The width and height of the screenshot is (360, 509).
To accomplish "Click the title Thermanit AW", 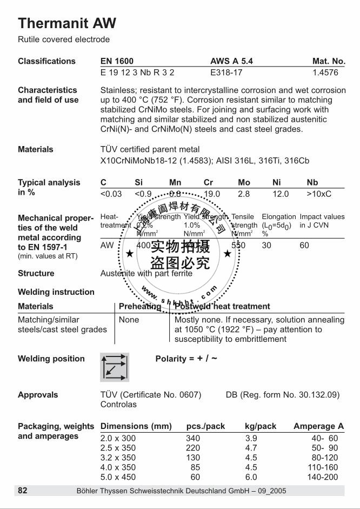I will (x=67, y=23).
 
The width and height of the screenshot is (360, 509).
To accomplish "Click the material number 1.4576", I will (x=329, y=71).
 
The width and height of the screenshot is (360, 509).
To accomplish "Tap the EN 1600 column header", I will (x=117, y=61).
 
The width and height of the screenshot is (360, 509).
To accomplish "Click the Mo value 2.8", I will (x=244, y=194).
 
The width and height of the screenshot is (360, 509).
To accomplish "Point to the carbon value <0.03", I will (x=111, y=194).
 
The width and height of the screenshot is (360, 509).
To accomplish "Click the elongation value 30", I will (x=267, y=245).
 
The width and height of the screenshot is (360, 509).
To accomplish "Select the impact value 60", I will (x=305, y=245).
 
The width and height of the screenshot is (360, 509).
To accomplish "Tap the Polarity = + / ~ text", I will (x=186, y=359).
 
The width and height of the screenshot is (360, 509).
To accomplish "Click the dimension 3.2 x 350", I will (x=118, y=458).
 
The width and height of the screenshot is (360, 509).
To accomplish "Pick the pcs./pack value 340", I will (x=193, y=438).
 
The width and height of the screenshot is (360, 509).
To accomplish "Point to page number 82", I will (x=22, y=491).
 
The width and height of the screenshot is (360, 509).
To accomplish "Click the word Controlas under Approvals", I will (x=118, y=404).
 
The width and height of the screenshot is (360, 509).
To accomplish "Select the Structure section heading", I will (x=36, y=273).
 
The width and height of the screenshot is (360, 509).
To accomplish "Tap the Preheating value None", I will (x=129, y=320).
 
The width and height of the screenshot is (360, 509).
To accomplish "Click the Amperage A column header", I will (x=318, y=426).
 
